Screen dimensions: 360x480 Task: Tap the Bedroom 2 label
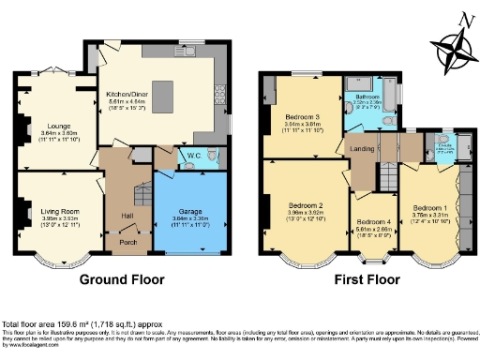[306, 205]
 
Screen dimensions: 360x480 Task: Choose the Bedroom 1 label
[430, 206]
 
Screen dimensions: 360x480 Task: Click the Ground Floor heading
[121, 279]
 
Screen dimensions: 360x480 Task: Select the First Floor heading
[373, 279]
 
